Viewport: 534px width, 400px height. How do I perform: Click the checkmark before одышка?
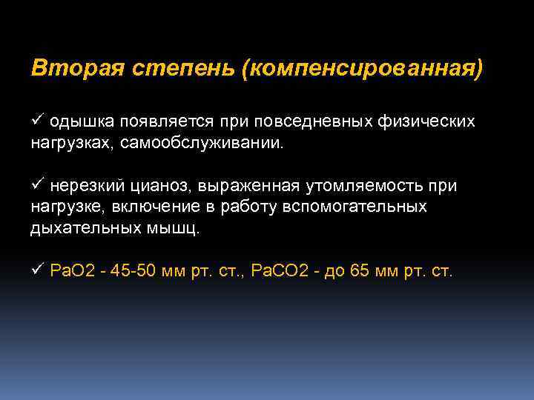pyautogui.click(x=37, y=120)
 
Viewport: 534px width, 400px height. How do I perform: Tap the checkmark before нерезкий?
pyautogui.click(x=37, y=185)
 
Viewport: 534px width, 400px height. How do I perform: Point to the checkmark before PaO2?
pyautogui.click(x=37, y=271)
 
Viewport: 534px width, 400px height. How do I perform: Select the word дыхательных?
pyautogui.click(x=82, y=228)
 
